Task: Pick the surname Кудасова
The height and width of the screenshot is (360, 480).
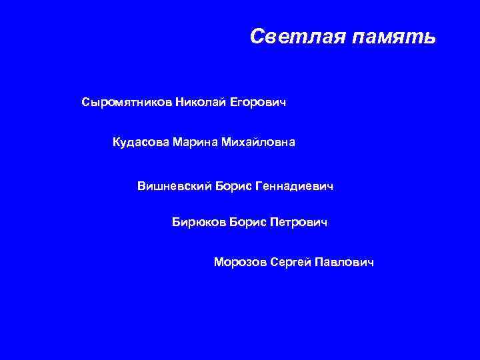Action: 140,142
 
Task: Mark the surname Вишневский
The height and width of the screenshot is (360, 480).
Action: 175,185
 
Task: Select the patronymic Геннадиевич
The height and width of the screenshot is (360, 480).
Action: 294,185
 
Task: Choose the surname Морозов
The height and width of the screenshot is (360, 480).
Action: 240,262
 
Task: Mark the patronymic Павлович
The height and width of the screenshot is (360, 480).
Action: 345,262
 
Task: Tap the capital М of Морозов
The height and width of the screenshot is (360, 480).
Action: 219,262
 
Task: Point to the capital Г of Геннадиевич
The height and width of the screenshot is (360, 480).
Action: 258,185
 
